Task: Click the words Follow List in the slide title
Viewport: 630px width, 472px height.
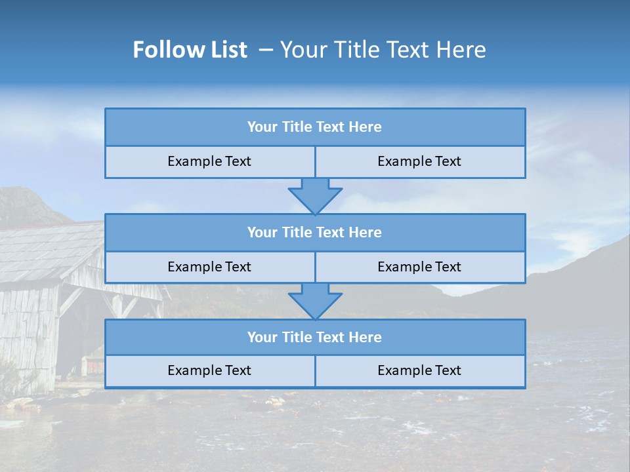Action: [x=190, y=50]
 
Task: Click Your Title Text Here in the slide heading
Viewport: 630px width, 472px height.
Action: [x=383, y=50]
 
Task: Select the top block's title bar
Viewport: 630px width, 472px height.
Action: [x=315, y=127]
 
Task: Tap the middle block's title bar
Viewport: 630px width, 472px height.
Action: [x=315, y=232]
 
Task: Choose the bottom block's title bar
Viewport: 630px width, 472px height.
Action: [x=315, y=337]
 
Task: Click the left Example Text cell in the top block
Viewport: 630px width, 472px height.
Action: [x=209, y=162]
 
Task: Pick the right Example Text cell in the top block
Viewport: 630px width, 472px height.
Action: [x=419, y=162]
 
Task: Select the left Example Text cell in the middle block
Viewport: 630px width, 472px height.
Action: [x=209, y=267]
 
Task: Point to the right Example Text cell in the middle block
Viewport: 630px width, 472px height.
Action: [x=419, y=267]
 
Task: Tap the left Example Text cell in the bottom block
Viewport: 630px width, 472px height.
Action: [x=209, y=371]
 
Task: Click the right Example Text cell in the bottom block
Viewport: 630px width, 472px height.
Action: [x=419, y=371]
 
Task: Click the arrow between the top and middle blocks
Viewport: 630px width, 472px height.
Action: [x=315, y=195]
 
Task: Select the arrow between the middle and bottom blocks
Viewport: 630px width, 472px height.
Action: [x=315, y=301]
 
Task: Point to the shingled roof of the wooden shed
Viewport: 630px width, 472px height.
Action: [x=46, y=249]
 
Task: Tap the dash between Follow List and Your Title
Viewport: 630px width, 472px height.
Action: [x=266, y=50]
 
